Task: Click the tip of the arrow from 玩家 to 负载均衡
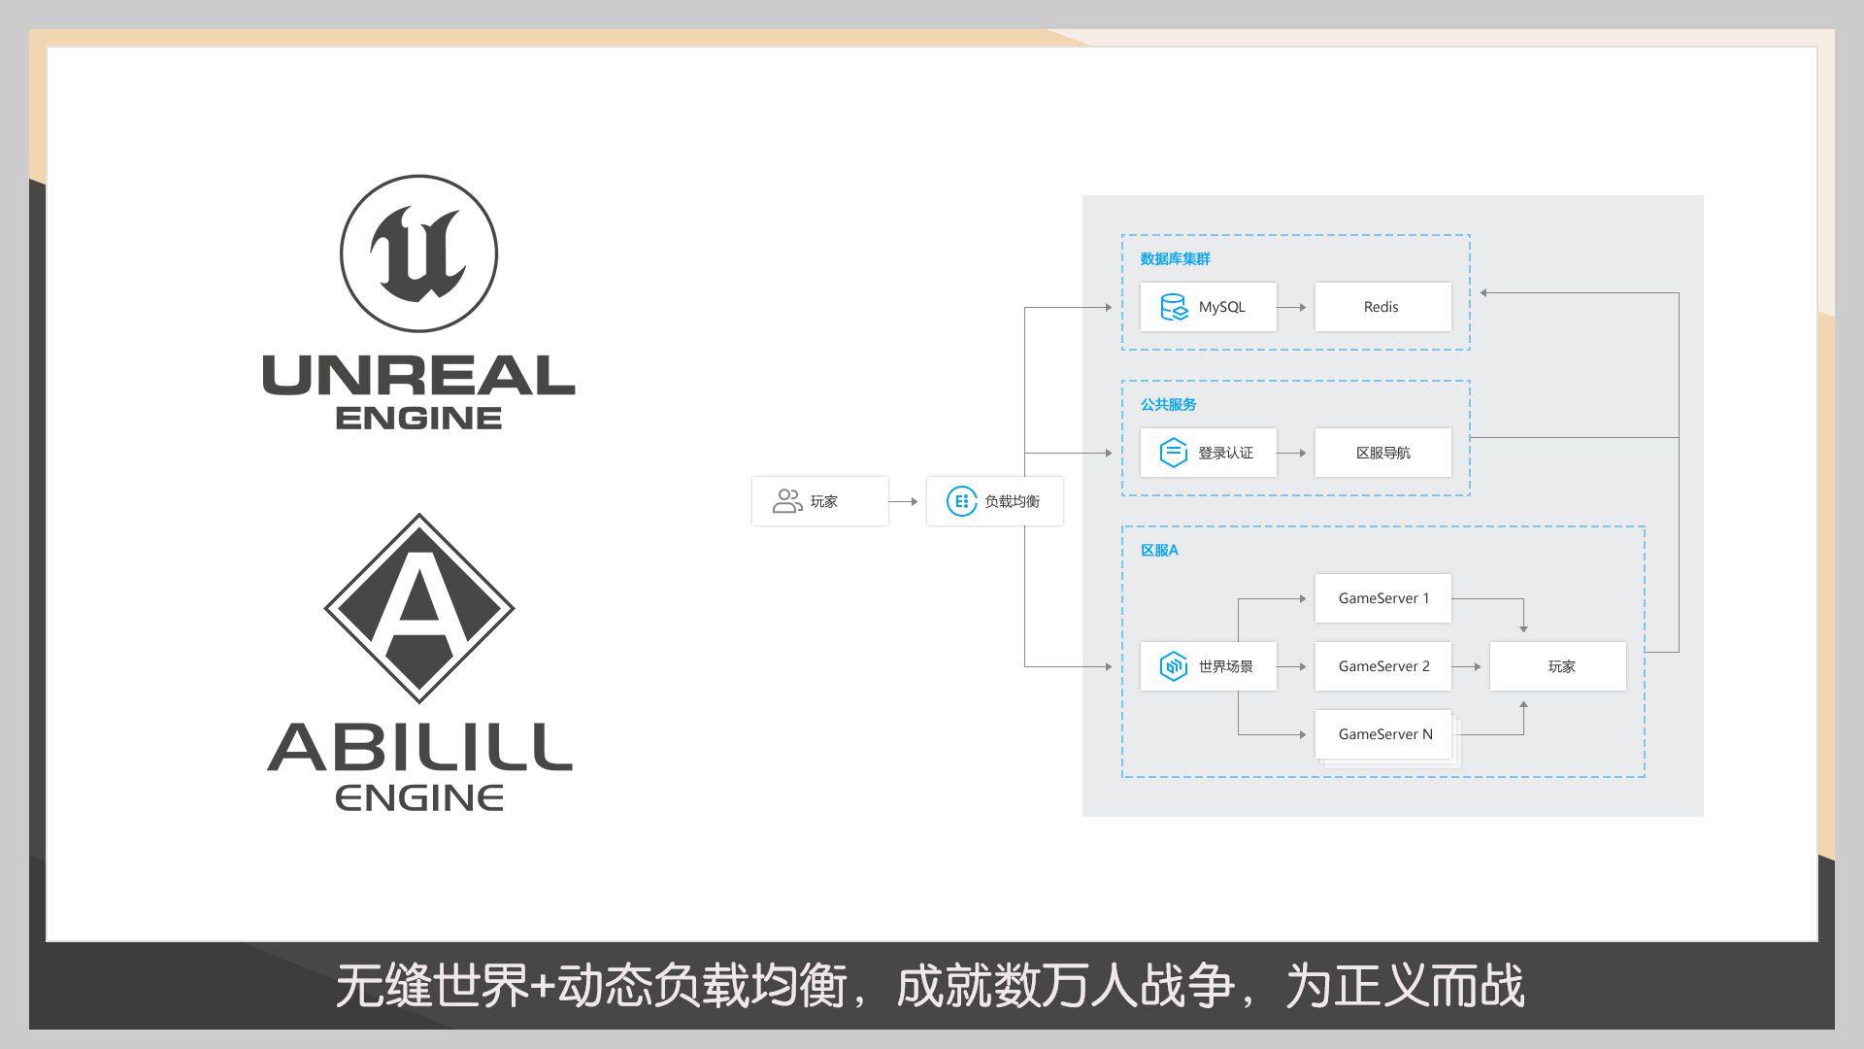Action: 917,501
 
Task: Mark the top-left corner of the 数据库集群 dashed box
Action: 1122,235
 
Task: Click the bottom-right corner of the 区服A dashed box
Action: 1645,777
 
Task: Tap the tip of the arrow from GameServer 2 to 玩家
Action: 1481,666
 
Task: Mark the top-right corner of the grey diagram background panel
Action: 1704,195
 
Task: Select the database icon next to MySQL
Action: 1174,307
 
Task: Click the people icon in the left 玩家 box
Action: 787,501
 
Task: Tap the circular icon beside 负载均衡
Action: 961,501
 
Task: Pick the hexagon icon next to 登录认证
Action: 1174,453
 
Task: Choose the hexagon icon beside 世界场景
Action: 1174,666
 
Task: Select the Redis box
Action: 1382,307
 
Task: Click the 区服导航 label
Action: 1382,453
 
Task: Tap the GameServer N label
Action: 1385,734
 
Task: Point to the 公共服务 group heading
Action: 1168,404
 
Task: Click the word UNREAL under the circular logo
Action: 418,375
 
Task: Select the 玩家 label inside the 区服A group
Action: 1561,666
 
